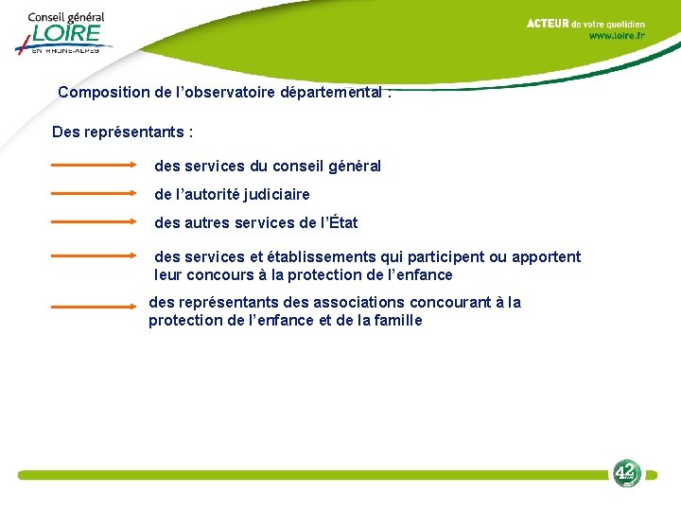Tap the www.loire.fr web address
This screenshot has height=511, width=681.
(x=617, y=36)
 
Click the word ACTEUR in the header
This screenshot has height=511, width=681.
(x=548, y=23)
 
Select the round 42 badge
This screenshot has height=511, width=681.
(x=626, y=472)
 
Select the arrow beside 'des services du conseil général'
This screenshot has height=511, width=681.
(x=94, y=165)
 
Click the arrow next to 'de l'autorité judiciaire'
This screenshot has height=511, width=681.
(x=94, y=193)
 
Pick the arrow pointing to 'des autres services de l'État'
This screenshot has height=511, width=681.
(x=94, y=222)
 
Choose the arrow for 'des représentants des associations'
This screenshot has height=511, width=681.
(x=94, y=307)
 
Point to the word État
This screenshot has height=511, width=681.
(x=340, y=223)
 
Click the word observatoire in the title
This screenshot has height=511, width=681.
(x=224, y=93)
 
